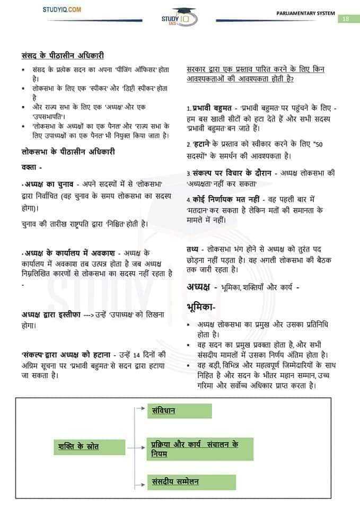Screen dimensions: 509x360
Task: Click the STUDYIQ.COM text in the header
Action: [x=62, y=10]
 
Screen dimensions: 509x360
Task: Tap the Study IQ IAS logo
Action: [x=179, y=18]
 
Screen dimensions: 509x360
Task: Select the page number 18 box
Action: [x=345, y=19]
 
